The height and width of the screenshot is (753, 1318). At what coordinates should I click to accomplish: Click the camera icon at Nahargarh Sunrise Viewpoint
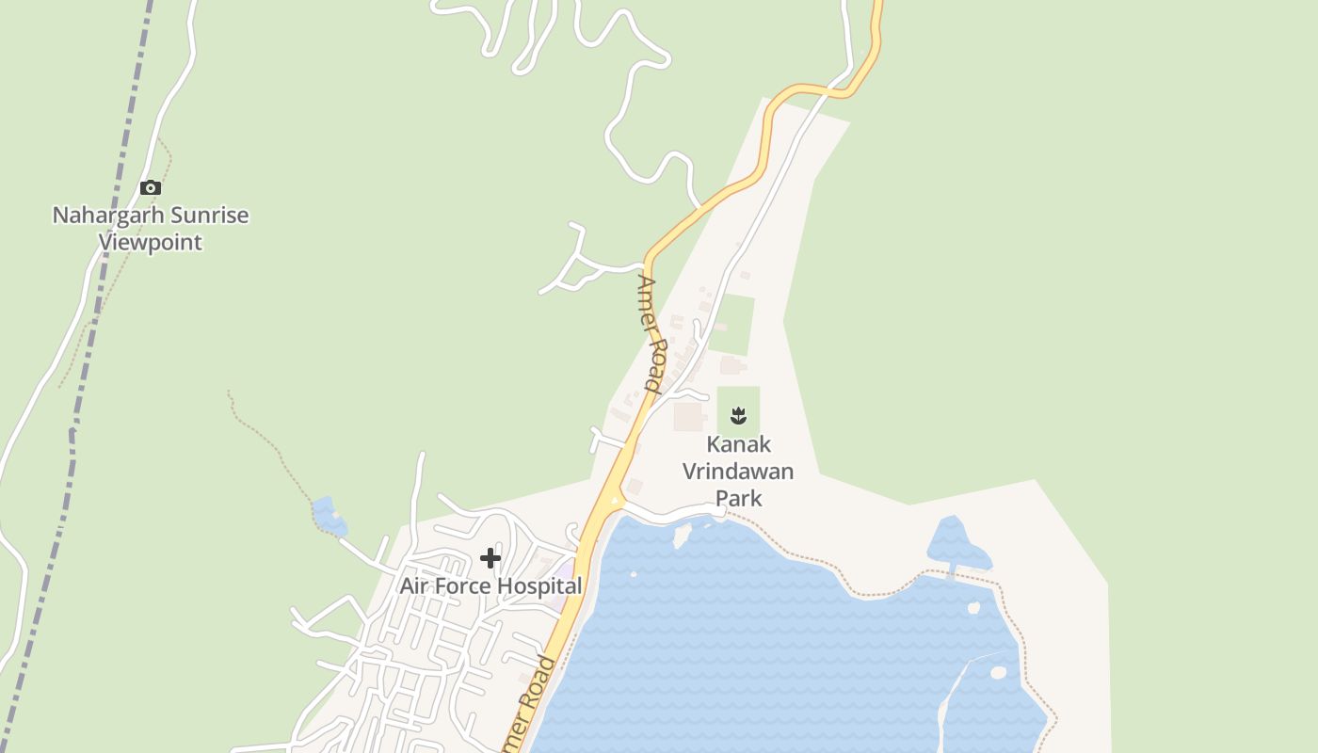click(x=151, y=188)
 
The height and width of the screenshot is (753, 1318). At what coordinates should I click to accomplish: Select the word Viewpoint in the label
click(x=151, y=243)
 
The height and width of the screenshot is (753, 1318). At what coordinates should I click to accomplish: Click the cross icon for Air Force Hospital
click(x=490, y=558)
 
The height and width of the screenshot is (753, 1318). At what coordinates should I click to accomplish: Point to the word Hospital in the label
click(x=539, y=585)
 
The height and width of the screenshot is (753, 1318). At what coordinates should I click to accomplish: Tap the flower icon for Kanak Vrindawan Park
click(x=738, y=415)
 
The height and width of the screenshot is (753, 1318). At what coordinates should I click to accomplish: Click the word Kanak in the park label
click(x=738, y=444)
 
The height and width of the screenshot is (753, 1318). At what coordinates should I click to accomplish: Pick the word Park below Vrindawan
click(x=738, y=498)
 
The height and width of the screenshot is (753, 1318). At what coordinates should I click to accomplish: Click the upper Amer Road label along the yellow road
click(x=651, y=332)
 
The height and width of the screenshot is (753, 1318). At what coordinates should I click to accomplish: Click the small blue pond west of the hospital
click(x=327, y=515)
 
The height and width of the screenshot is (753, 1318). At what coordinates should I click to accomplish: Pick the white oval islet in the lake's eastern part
click(x=999, y=672)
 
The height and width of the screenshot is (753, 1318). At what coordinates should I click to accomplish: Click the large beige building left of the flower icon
click(x=689, y=416)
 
